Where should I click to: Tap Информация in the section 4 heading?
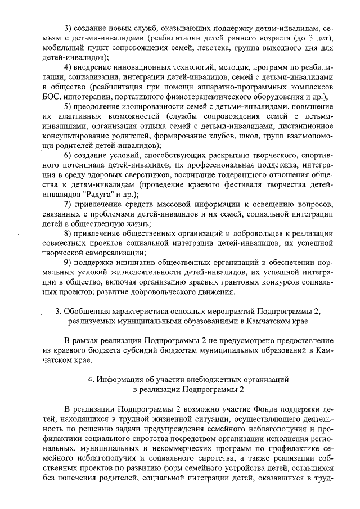pyautogui.click(x=121, y=380)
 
